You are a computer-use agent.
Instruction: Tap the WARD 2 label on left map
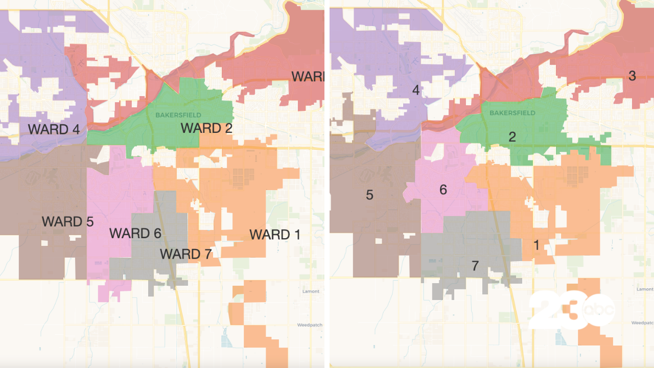pyautogui.click(x=206, y=128)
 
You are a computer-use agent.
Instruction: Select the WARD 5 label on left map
pyautogui.click(x=68, y=222)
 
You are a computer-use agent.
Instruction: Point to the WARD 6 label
pyautogui.click(x=135, y=234)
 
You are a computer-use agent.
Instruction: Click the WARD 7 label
pyautogui.click(x=185, y=254)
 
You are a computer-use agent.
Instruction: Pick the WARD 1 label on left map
pyautogui.click(x=275, y=235)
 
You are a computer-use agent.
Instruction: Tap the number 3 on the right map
pyautogui.click(x=632, y=76)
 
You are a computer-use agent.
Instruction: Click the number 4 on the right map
pyautogui.click(x=416, y=90)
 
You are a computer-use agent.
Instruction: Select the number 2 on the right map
pyautogui.click(x=512, y=136)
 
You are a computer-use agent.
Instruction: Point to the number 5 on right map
pyautogui.click(x=370, y=195)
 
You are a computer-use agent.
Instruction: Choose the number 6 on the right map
pyautogui.click(x=443, y=190)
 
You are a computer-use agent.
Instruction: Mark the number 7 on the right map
pyautogui.click(x=475, y=266)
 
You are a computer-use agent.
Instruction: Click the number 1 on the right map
pyautogui.click(x=536, y=245)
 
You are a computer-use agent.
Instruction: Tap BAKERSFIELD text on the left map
pyautogui.click(x=178, y=115)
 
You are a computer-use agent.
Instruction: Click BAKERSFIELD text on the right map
pyautogui.click(x=512, y=113)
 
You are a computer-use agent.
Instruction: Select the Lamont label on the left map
pyautogui.click(x=310, y=291)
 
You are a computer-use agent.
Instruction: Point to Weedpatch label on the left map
pyautogui.click(x=308, y=325)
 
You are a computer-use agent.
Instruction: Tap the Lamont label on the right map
pyautogui.click(x=645, y=289)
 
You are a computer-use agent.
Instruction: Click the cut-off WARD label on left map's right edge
pyautogui.click(x=308, y=77)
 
